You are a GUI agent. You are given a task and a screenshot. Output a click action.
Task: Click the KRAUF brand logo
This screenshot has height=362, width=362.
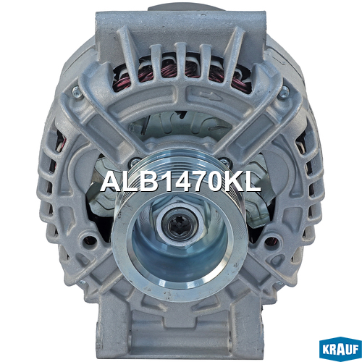pyautogui.click(x=340, y=349)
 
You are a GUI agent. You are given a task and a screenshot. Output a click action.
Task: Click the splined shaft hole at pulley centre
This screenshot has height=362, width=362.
pyautogui.click(x=180, y=225)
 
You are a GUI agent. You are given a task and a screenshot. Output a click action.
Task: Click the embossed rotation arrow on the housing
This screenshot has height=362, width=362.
pyautogui.click(x=210, y=96)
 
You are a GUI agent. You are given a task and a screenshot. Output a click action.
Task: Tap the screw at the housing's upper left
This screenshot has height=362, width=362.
pyautogui.click(x=77, y=91)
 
